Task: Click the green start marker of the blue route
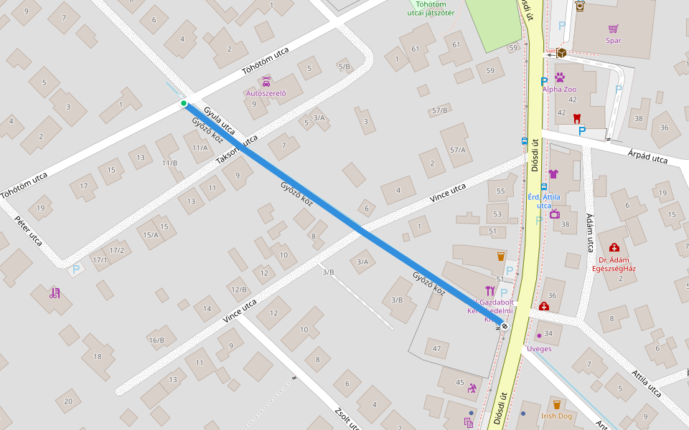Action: click(184, 104)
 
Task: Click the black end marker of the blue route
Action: click(505, 326)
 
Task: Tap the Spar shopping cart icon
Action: click(613, 29)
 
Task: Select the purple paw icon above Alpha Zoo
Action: click(560, 77)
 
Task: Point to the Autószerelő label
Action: click(266, 93)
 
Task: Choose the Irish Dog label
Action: click(556, 416)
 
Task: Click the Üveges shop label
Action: click(539, 348)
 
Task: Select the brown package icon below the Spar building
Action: click(561, 53)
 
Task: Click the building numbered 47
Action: click(436, 349)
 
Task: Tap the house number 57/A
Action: click(457, 150)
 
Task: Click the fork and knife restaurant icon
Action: click(490, 290)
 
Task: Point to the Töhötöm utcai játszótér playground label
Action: click(431, 8)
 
